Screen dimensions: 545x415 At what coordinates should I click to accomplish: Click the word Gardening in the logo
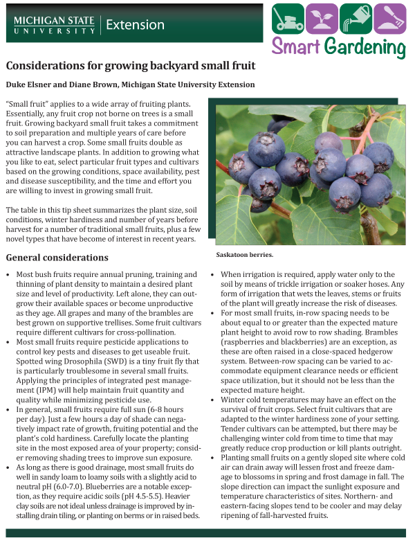[x=365, y=48]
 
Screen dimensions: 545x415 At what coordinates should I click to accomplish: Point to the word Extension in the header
[x=136, y=25]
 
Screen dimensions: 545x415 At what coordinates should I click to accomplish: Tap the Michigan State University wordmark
[x=54, y=25]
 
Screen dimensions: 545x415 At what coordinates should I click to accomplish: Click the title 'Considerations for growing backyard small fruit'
[x=131, y=66]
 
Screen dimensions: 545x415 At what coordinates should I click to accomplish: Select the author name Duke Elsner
[x=30, y=84]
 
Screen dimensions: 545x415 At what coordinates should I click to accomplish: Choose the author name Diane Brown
[x=90, y=84]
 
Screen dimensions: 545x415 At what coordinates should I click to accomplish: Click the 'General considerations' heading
[x=57, y=258]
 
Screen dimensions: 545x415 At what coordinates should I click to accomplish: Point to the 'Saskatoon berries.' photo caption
[x=244, y=254]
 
